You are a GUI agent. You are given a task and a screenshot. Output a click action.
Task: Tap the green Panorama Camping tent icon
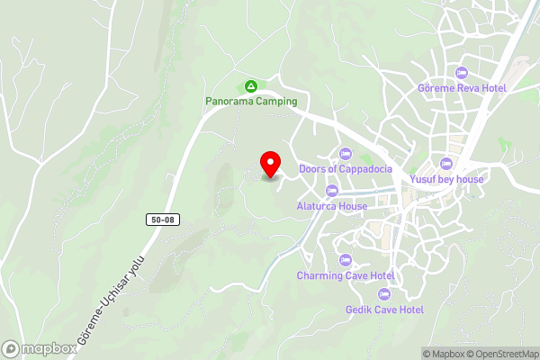pos(250,87)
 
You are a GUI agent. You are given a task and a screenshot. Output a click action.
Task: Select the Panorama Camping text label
pos(250,102)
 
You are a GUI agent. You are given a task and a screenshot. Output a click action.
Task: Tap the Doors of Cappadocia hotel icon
pos(345,154)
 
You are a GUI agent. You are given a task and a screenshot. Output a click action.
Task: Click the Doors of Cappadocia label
pos(346,169)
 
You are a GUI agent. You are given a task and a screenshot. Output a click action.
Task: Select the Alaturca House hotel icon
pos(331,191)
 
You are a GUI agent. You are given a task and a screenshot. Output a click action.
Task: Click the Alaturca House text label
pos(331,206)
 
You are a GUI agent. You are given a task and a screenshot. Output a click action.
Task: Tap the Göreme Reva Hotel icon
pos(463,73)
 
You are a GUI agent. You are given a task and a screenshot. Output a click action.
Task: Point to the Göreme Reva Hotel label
pos(463,88)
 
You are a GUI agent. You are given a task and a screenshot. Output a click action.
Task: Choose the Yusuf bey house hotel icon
pos(447,164)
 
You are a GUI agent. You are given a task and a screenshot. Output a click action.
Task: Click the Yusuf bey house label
pos(447,179)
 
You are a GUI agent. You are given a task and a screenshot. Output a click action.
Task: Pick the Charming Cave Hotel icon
pos(346,260)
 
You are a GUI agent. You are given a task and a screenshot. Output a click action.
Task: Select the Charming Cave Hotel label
pos(346,275)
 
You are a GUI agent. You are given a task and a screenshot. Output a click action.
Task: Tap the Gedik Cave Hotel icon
pos(384,294)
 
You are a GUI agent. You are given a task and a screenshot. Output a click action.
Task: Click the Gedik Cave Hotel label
pos(384,310)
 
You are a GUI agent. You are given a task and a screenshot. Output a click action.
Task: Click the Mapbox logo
pos(39,348)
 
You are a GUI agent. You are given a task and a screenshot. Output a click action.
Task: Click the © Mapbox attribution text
pos(444,354)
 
